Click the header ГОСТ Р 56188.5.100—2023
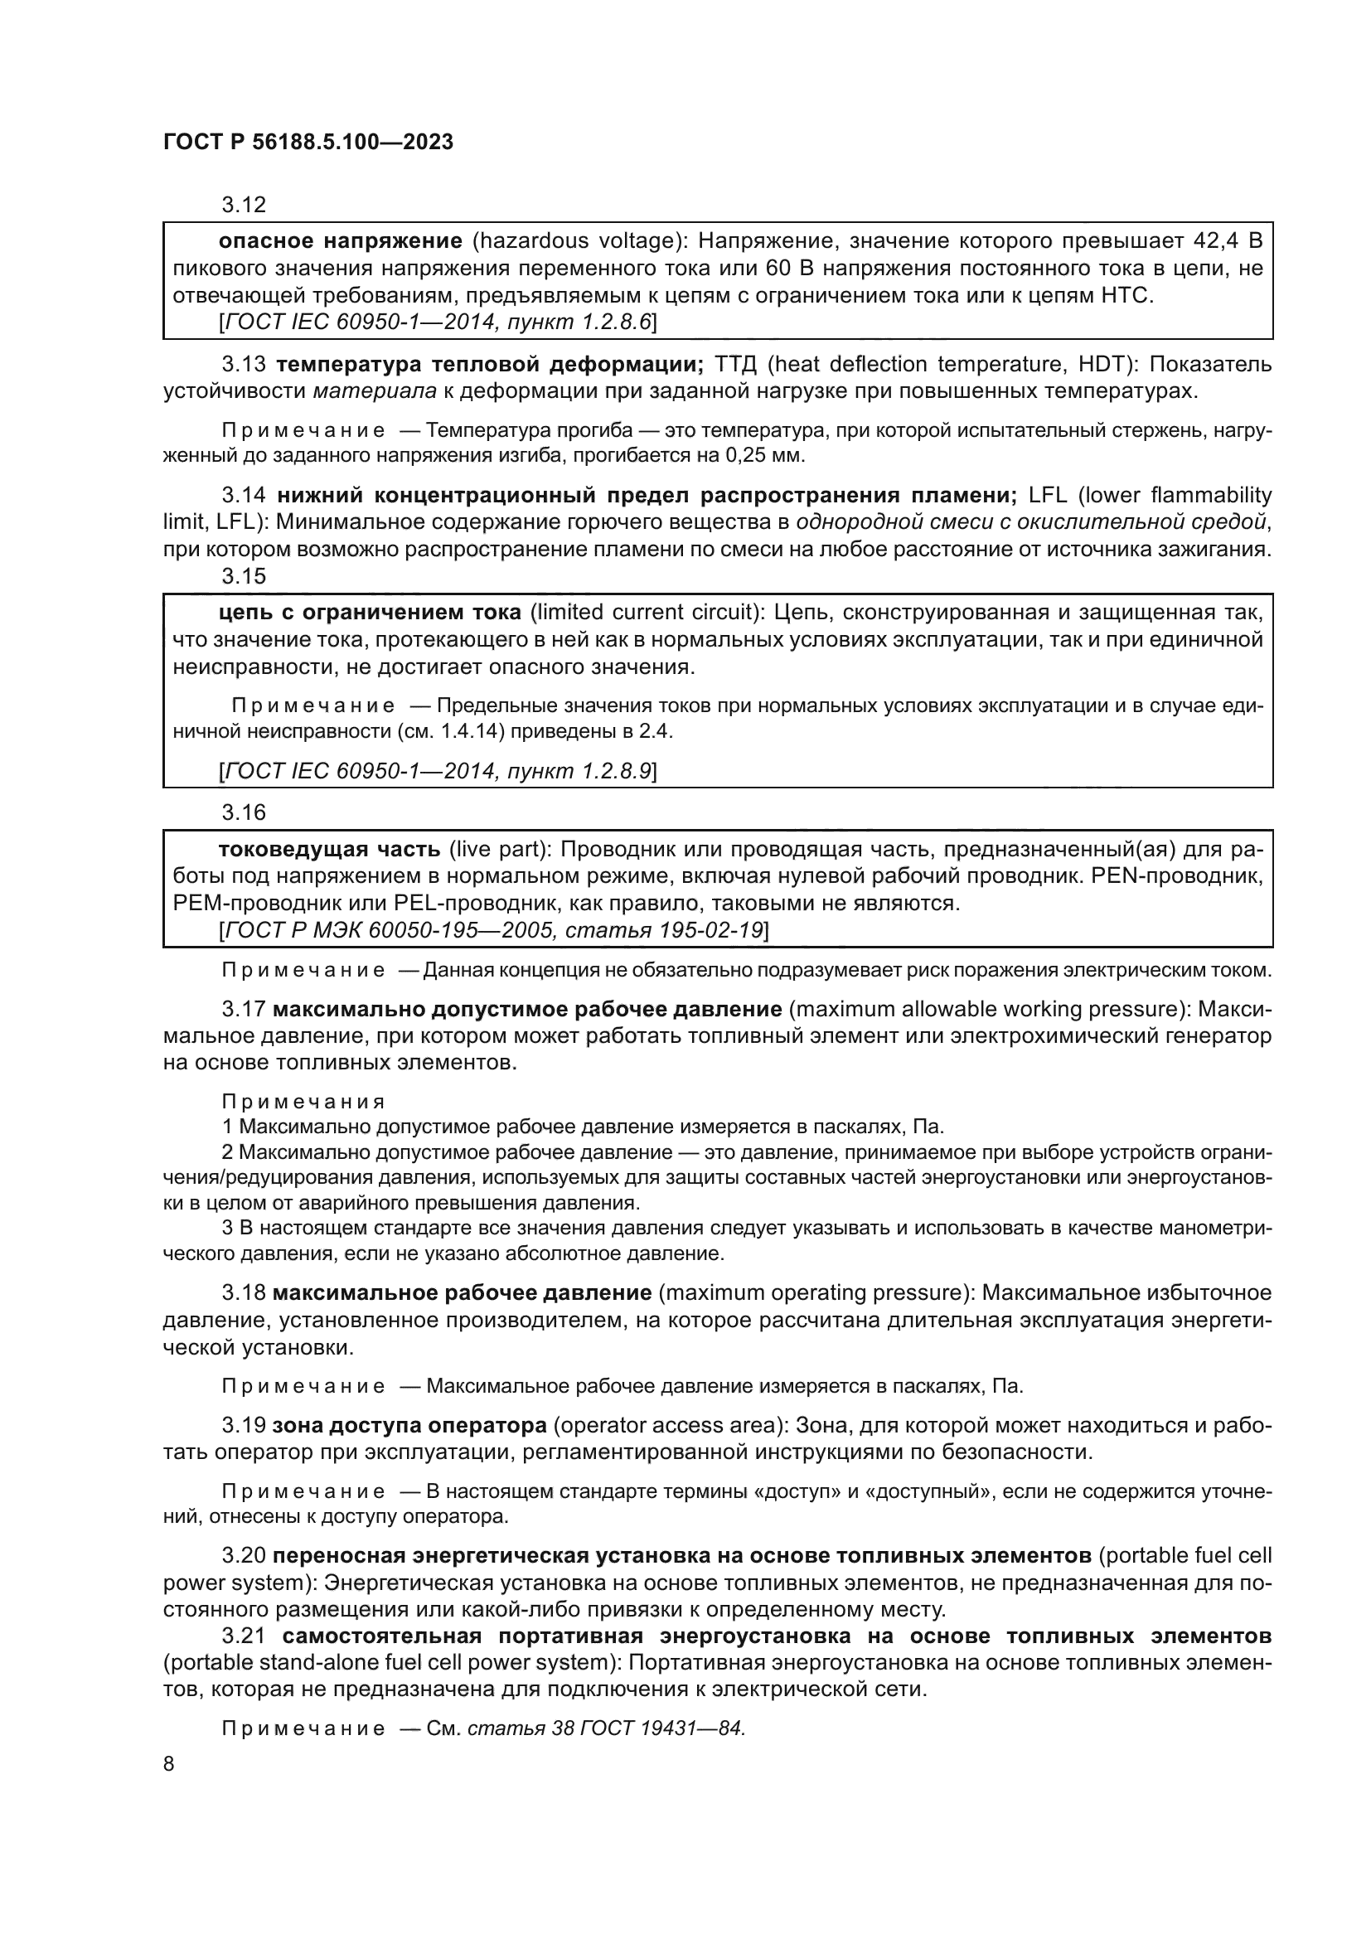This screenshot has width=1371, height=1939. click(x=308, y=142)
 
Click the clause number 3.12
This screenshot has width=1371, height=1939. click(x=243, y=205)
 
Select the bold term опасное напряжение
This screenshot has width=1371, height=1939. click(x=339, y=241)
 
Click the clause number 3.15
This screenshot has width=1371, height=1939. click(x=243, y=576)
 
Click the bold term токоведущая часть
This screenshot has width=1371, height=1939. click(x=329, y=850)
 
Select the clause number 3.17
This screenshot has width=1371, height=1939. click(x=243, y=1009)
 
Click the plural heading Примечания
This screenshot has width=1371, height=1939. click(x=303, y=1101)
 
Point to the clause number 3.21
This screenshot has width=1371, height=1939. click(x=243, y=1636)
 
